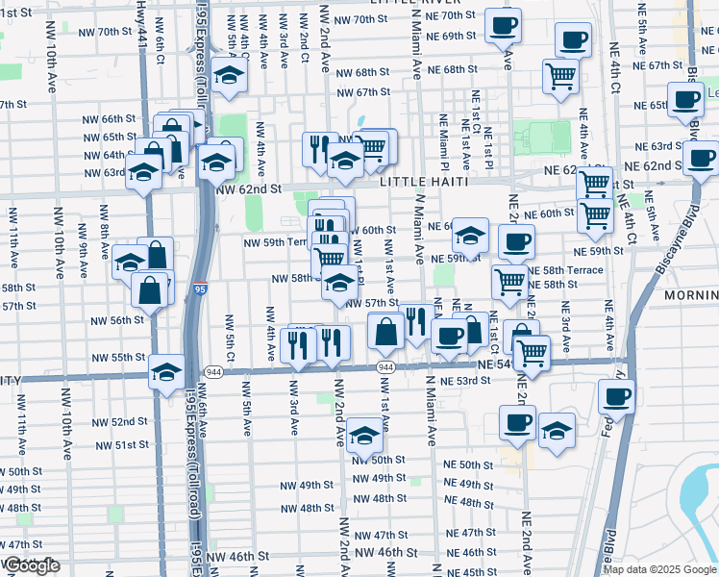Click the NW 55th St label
pos(127,357)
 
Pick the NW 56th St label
pos(112,320)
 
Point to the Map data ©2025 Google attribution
pos(660,569)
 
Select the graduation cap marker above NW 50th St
pos(364,435)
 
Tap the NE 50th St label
pos(469,464)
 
